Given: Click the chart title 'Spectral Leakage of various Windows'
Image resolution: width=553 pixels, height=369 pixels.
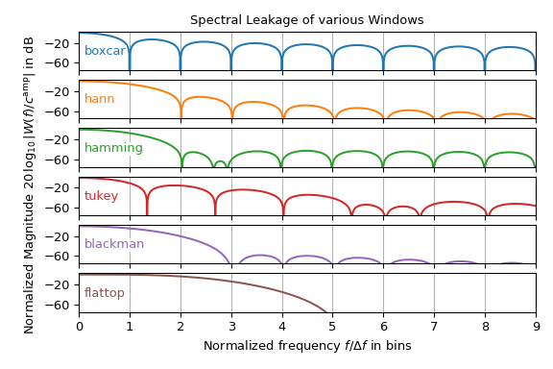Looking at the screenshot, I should pos(306,20).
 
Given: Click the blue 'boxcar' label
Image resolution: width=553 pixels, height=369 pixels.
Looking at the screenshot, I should pos(105,51).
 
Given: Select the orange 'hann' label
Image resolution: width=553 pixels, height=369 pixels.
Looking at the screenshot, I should pos(99,99).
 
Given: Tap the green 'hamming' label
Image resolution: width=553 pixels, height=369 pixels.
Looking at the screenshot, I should pos(113,148).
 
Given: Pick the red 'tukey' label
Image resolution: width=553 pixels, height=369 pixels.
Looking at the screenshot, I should pos(101,196).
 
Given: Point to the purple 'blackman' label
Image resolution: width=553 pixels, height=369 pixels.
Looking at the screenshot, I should pos(113,244).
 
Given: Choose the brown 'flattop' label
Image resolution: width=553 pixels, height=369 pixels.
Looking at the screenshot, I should pos(104,293).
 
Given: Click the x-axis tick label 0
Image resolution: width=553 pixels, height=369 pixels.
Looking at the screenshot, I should pos(79,328).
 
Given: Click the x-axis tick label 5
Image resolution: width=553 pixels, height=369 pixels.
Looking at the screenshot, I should pos(333,328).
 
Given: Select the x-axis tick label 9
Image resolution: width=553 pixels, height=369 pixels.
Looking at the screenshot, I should pos(536,328).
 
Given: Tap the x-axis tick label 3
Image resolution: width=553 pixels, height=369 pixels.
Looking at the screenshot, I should pos(231,328).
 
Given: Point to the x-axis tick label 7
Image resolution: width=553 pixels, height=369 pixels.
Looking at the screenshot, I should pos(434,328).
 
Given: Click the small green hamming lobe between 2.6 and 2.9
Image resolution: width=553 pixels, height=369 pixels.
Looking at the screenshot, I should pos(220,162).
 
